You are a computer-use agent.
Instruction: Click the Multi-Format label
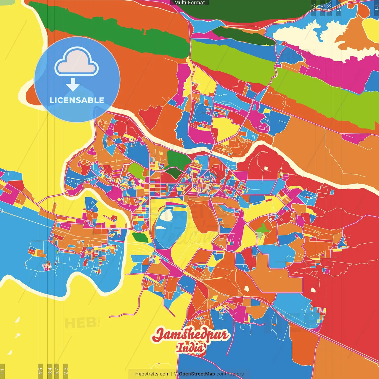pos(189,3)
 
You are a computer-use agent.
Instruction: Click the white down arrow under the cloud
pos(73,85)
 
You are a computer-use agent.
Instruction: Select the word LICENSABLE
pos(77,100)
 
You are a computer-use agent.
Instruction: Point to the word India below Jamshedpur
pos(191,348)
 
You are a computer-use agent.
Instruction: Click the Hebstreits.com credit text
pos(152,374)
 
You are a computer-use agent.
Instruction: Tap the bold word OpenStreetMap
pos(197,374)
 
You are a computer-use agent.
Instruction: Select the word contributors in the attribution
pos(230,374)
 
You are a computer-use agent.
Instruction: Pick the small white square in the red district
pos(266,168)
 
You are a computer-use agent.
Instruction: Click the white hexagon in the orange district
pos(247,288)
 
